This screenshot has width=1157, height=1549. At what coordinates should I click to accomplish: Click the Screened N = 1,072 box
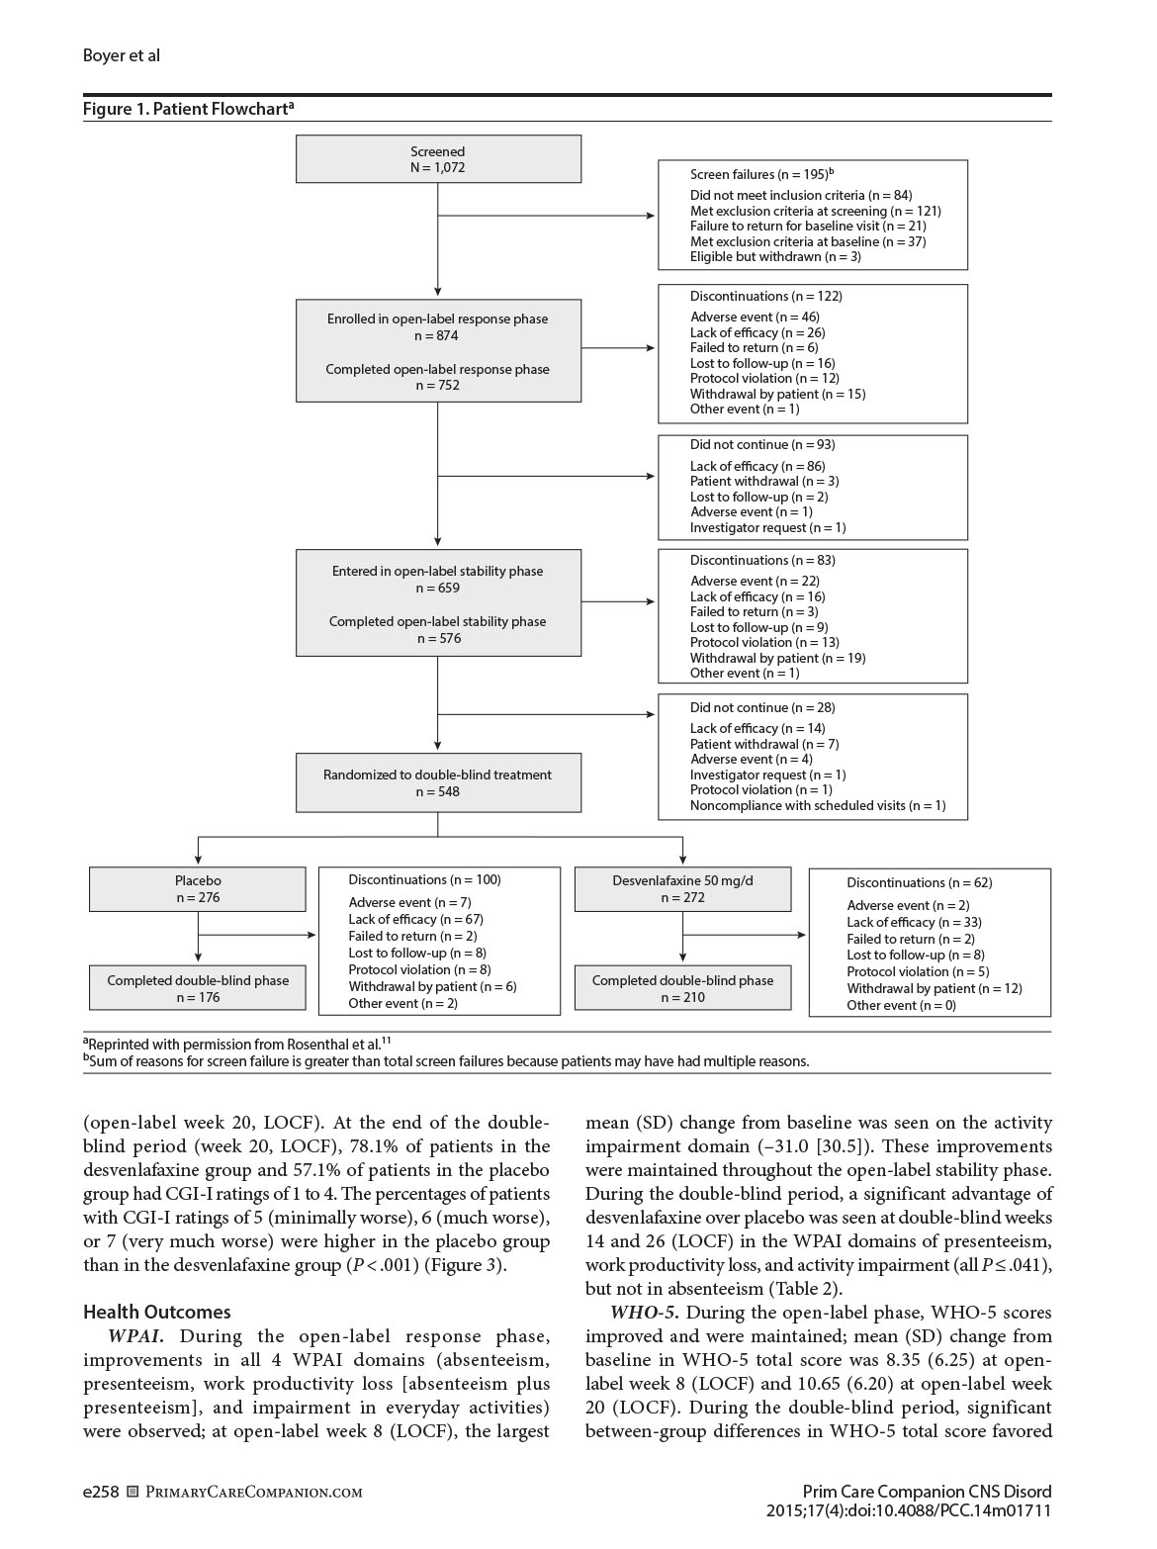tap(438, 159)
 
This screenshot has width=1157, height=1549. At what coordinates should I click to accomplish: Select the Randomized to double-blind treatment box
tap(438, 782)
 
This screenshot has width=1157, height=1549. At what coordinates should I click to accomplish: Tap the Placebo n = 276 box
tap(198, 888)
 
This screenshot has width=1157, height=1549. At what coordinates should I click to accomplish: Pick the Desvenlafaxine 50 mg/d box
tap(682, 888)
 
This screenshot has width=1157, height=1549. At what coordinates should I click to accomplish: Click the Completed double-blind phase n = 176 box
tap(198, 988)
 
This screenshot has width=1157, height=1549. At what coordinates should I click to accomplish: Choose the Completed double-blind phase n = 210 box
tap(682, 988)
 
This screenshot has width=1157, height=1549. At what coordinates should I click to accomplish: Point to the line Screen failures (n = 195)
tap(761, 174)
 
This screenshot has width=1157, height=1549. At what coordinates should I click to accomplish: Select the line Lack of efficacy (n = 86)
tap(757, 466)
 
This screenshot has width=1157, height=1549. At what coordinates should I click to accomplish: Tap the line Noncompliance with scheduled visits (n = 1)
tap(818, 805)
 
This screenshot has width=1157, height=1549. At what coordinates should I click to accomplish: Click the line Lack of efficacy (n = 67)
tap(415, 919)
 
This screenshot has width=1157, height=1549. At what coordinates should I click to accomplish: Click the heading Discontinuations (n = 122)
tap(766, 296)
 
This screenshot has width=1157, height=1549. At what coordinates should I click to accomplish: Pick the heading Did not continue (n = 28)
tap(762, 707)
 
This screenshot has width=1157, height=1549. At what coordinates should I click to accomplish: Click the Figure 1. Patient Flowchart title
tap(188, 109)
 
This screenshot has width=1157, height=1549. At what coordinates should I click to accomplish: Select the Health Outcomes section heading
tap(157, 1312)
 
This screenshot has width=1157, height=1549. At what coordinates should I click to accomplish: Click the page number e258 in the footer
tap(101, 1492)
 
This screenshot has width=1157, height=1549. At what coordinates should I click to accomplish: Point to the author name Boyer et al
tap(122, 55)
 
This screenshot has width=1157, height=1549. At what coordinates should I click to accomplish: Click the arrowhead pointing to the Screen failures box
tap(651, 216)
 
